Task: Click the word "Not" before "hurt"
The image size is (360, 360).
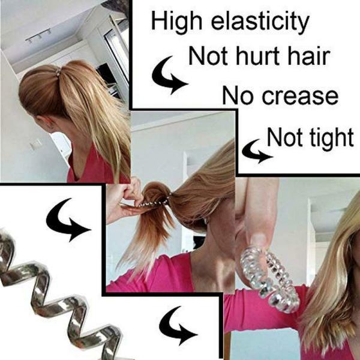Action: coord(208,56)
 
